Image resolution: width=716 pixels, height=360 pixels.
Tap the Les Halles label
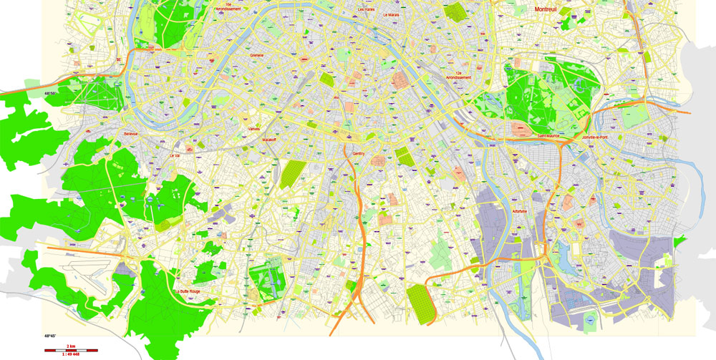pyautogui.click(x=366, y=9)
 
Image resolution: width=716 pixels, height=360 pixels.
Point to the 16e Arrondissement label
pyautogui.click(x=228, y=6)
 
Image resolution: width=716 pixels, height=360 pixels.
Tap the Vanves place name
pyautogui.click(x=253, y=129)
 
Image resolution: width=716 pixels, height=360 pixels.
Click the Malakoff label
pyautogui.click(x=269, y=140)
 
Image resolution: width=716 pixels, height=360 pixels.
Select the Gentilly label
pyautogui.click(x=359, y=153)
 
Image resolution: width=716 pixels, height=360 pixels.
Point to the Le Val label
pyautogui.click(x=175, y=155)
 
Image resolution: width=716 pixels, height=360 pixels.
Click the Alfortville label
pyautogui.click(x=520, y=211)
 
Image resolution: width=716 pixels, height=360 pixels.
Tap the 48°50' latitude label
pyautogui.click(x=51, y=94)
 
